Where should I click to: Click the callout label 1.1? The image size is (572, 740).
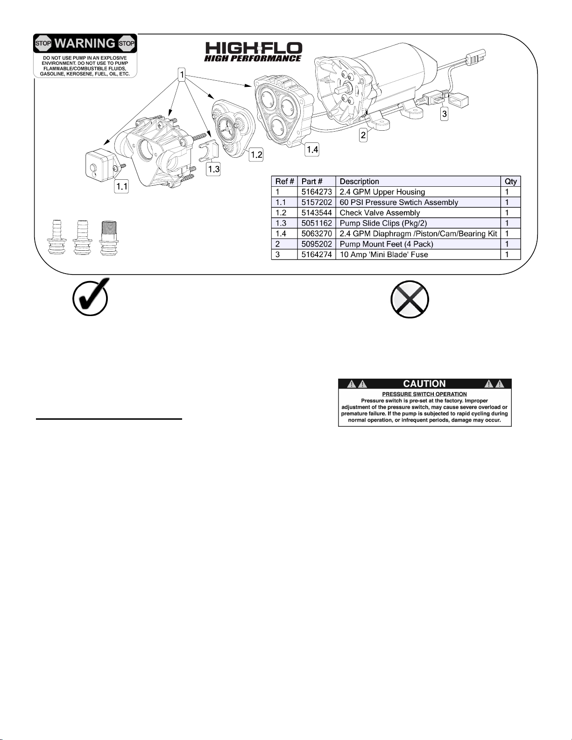pyautogui.click(x=121, y=186)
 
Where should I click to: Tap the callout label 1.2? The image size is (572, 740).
pyautogui.click(x=256, y=155)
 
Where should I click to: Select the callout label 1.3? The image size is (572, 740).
pyautogui.click(x=213, y=169)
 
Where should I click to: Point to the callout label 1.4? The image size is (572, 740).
pyautogui.click(x=312, y=149)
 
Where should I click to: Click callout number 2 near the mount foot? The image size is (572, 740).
pyautogui.click(x=363, y=135)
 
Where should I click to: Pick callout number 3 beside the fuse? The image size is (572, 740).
pyautogui.click(x=444, y=114)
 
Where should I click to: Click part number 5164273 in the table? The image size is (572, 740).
pyautogui.click(x=316, y=192)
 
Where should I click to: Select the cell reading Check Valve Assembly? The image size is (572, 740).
pyautogui.click(x=380, y=213)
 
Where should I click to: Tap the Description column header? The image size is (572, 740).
pyautogui.click(x=359, y=182)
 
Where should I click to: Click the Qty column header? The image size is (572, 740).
pyautogui.click(x=511, y=182)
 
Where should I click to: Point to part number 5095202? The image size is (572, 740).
pyautogui.click(x=316, y=244)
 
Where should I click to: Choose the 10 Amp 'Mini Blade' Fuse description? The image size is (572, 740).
pyautogui.click(x=384, y=255)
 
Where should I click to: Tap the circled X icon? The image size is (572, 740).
pyautogui.click(x=410, y=300)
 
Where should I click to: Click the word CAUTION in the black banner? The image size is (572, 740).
pyautogui.click(x=424, y=384)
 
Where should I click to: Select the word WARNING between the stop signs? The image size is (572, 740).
pyautogui.click(x=85, y=43)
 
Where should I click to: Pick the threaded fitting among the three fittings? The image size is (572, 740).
pyautogui.click(x=109, y=239)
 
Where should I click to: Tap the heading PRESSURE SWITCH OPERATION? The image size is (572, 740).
pyautogui.click(x=424, y=395)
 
